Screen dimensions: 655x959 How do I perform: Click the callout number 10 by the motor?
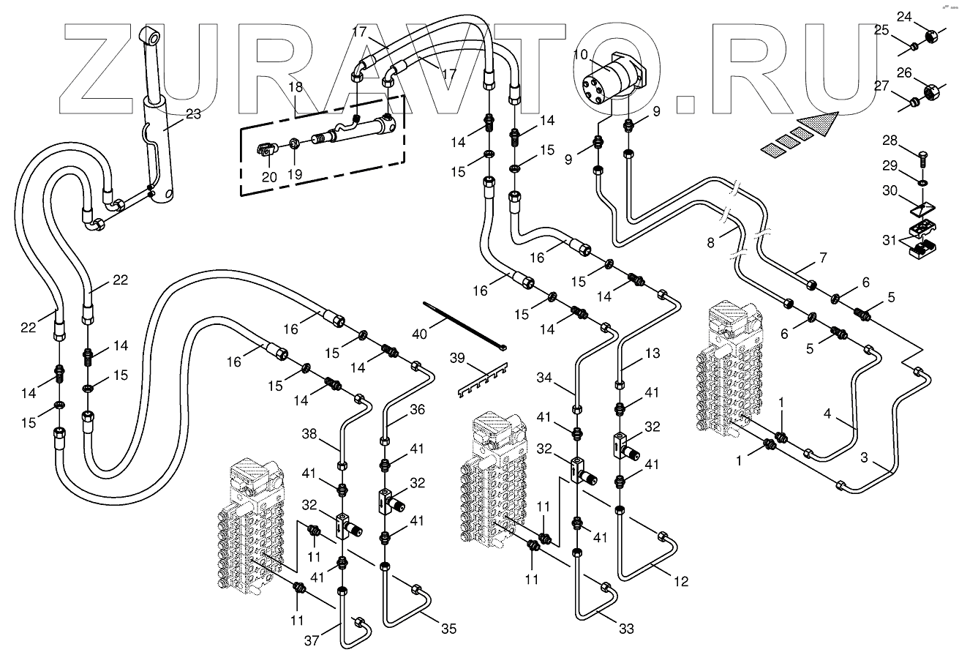tap(579, 55)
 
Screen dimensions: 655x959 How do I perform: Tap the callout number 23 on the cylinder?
tap(193, 114)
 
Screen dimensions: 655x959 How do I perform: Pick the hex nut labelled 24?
tap(932, 36)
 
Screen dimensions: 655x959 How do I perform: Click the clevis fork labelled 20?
tap(266, 151)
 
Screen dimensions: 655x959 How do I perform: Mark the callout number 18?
tap(295, 86)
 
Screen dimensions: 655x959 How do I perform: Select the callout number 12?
tap(681, 583)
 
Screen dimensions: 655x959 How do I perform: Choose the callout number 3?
tap(865, 458)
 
